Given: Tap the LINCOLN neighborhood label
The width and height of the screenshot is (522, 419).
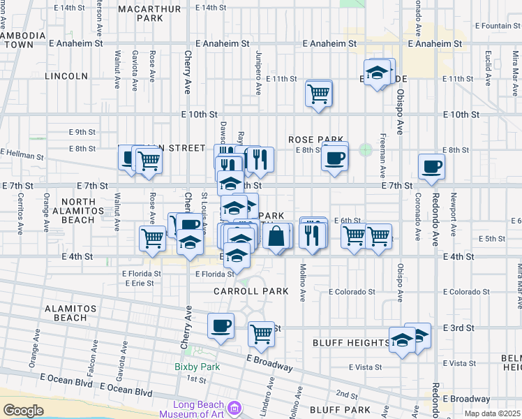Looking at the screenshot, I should (x=67, y=75).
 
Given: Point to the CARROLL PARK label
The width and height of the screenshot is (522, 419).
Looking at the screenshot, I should (x=241, y=290).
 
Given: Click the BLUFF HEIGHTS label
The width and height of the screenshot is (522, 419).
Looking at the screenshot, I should (x=351, y=342).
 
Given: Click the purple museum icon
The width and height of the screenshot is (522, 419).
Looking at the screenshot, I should (x=234, y=406).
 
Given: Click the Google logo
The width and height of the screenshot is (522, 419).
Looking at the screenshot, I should (x=23, y=410).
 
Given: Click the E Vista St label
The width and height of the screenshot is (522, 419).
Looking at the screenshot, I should (x=365, y=367).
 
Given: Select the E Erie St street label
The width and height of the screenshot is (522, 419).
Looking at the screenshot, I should (x=140, y=283).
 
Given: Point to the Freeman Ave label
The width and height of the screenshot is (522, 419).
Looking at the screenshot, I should (x=383, y=158).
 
